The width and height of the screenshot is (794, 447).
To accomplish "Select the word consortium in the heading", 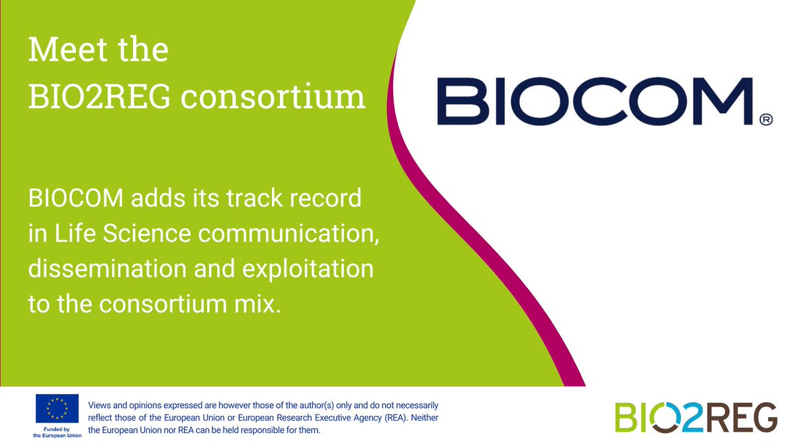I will pos(273,97).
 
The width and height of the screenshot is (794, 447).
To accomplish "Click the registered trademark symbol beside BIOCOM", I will pos(766,120).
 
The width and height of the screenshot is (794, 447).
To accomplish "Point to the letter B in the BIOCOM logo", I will pos(457,101).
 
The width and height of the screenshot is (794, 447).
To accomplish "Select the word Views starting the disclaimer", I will pos(101,405).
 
